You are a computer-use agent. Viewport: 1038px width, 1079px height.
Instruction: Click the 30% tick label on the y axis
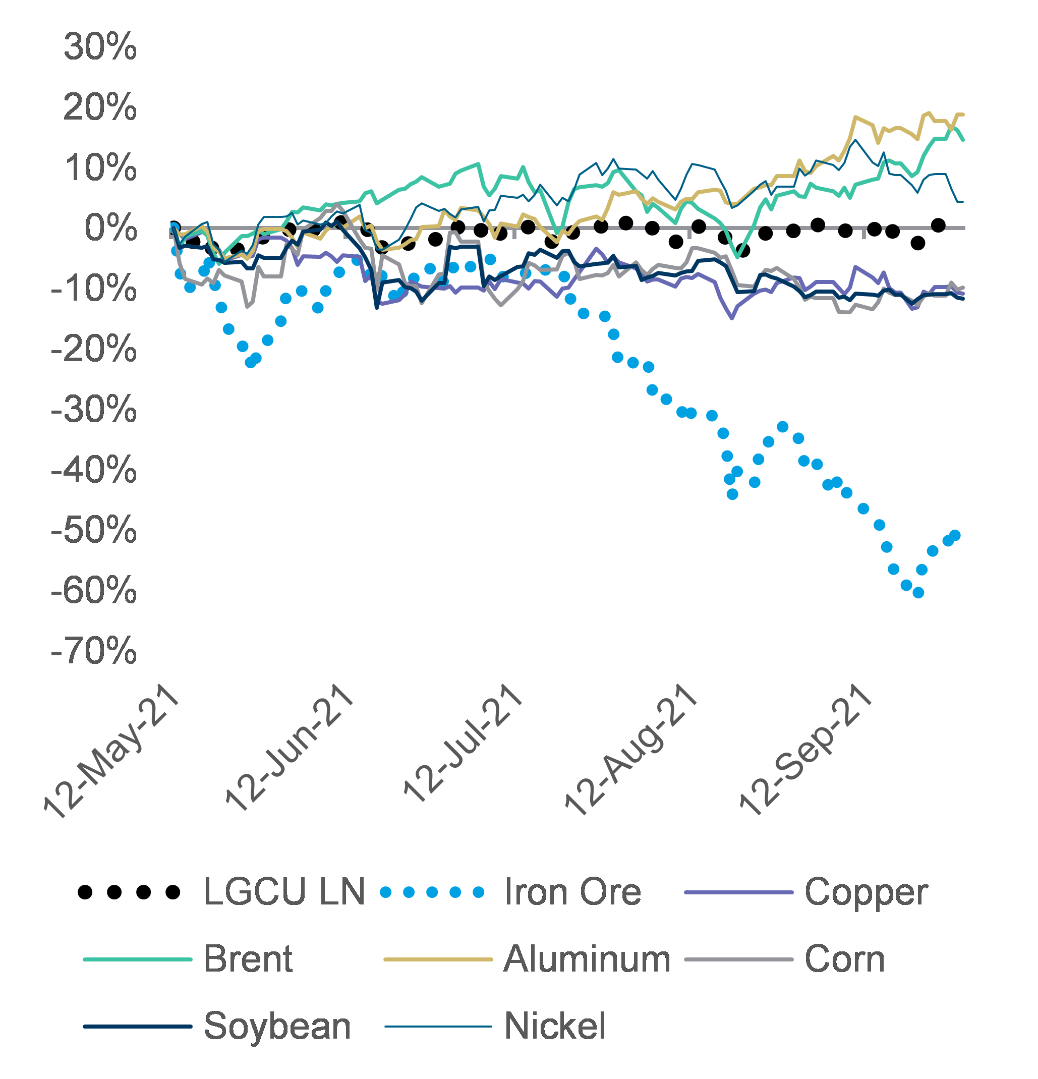click(x=100, y=47)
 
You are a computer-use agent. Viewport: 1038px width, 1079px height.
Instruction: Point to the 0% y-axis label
click(x=110, y=228)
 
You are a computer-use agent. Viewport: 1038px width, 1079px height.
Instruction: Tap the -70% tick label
click(x=94, y=651)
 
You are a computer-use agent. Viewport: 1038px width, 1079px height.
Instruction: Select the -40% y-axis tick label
click(x=94, y=470)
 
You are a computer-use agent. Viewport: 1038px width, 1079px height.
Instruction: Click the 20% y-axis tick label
click(x=100, y=107)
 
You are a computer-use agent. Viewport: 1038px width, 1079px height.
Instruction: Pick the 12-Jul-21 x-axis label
click(x=463, y=743)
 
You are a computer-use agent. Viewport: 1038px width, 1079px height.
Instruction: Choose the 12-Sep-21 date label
click(x=804, y=750)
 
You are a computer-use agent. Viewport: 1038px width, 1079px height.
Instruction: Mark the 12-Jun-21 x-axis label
click(x=289, y=749)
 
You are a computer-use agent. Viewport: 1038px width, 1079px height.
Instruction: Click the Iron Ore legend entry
click(x=572, y=892)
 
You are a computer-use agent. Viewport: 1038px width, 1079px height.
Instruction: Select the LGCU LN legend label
click(x=284, y=892)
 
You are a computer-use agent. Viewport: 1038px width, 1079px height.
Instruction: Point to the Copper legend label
click(x=866, y=892)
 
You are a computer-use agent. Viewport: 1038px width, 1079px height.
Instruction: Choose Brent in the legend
click(x=248, y=959)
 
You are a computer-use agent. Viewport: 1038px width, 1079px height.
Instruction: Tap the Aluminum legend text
click(x=587, y=959)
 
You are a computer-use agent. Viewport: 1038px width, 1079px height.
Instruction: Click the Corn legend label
click(x=844, y=959)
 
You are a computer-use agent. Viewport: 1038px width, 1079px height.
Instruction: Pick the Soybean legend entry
click(x=277, y=1026)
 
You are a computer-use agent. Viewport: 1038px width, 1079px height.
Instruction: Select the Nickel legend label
click(x=555, y=1026)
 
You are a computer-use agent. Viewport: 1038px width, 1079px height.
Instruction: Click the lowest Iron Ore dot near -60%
click(x=918, y=593)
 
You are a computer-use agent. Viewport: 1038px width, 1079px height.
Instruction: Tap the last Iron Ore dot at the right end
click(x=955, y=536)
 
